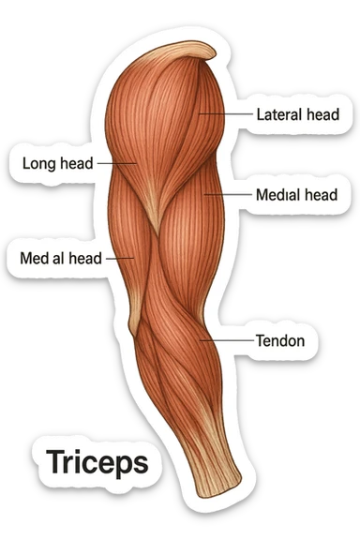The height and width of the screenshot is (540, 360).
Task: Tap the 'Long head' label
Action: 57,163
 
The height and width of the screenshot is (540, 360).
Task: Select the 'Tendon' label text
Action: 279,340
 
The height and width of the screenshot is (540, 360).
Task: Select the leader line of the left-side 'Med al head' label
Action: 120,256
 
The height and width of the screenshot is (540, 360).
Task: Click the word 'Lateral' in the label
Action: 278,114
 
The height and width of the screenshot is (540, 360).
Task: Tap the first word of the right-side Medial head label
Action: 276,196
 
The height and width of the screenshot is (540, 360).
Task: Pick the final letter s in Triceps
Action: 139,463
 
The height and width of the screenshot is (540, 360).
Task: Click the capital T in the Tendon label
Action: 260,340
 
